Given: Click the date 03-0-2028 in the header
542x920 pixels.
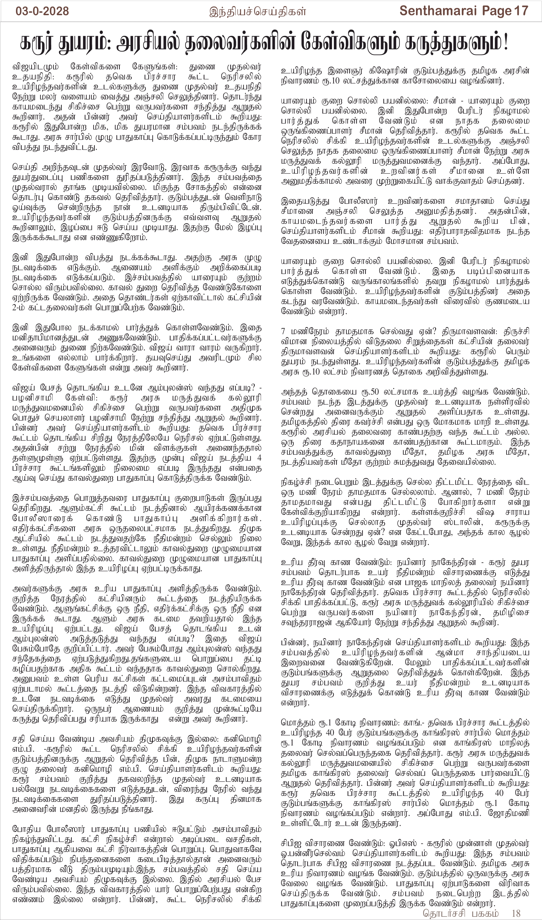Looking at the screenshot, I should (42, 11).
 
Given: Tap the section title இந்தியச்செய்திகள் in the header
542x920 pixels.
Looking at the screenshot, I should (257, 12).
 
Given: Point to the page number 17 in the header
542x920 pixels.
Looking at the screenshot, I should (521, 11).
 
